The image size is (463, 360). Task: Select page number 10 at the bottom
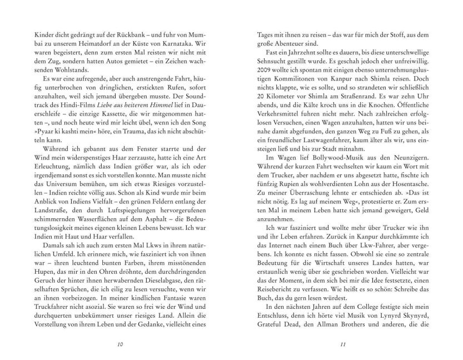pyautogui.click(x=120, y=344)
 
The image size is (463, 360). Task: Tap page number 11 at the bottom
pyautogui.click(x=343, y=344)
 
